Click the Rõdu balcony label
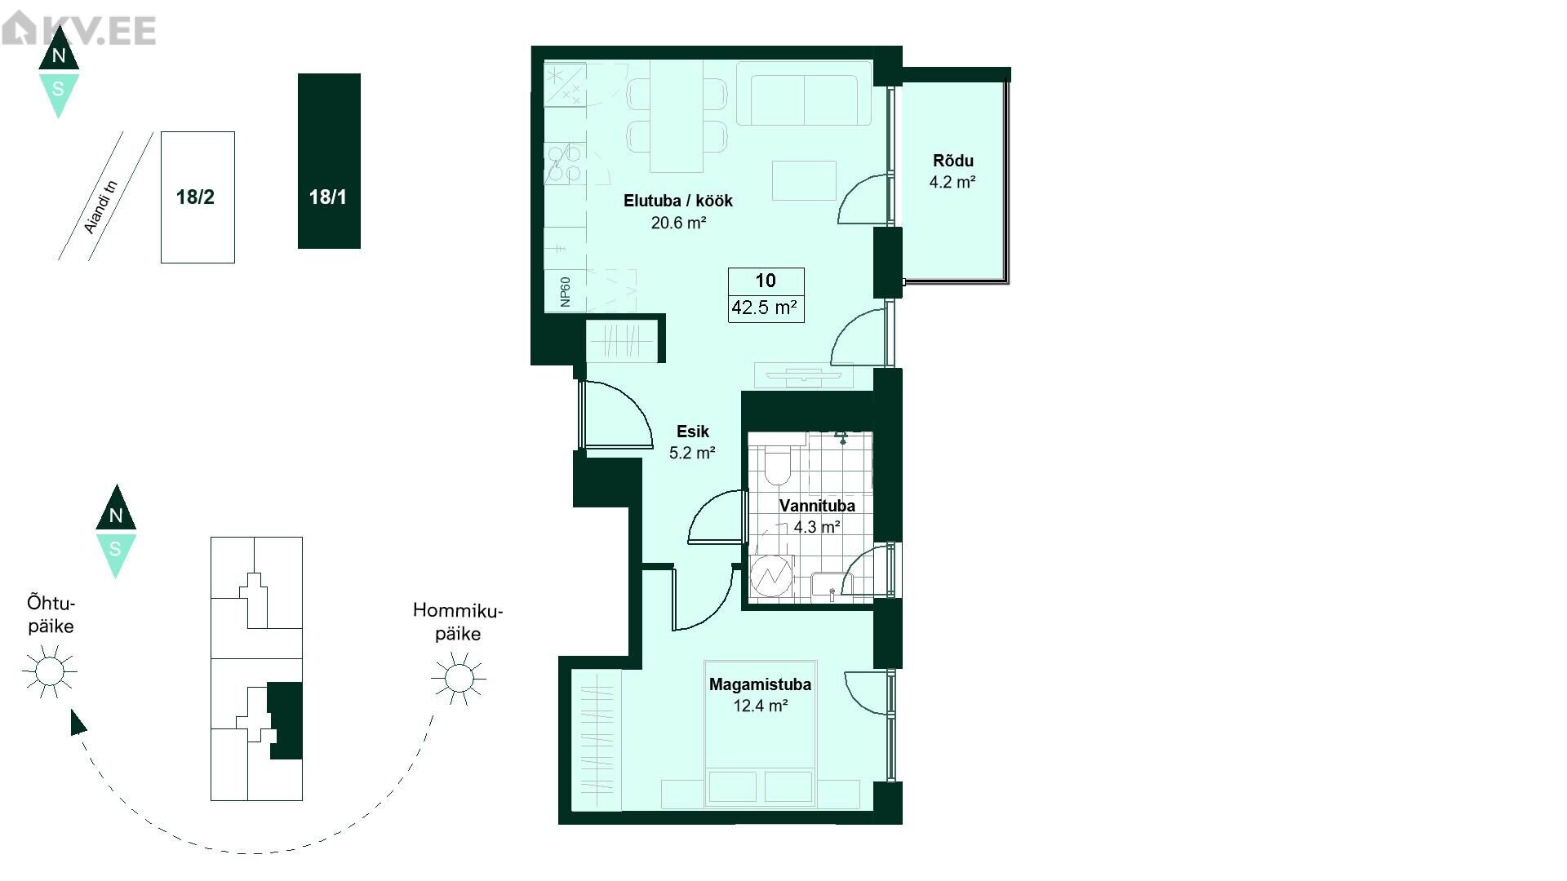953,161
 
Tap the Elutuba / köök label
678,201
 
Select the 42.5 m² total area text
765,308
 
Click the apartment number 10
766,281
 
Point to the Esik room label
693,432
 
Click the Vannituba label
817,506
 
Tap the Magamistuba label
760,684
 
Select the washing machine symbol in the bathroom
771,578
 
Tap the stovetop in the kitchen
565,163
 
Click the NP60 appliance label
565,291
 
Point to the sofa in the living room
805,94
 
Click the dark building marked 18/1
329,161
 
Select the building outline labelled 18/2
198,197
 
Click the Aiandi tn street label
102,207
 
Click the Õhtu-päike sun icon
49,671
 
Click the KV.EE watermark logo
78,30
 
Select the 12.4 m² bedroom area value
760,706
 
